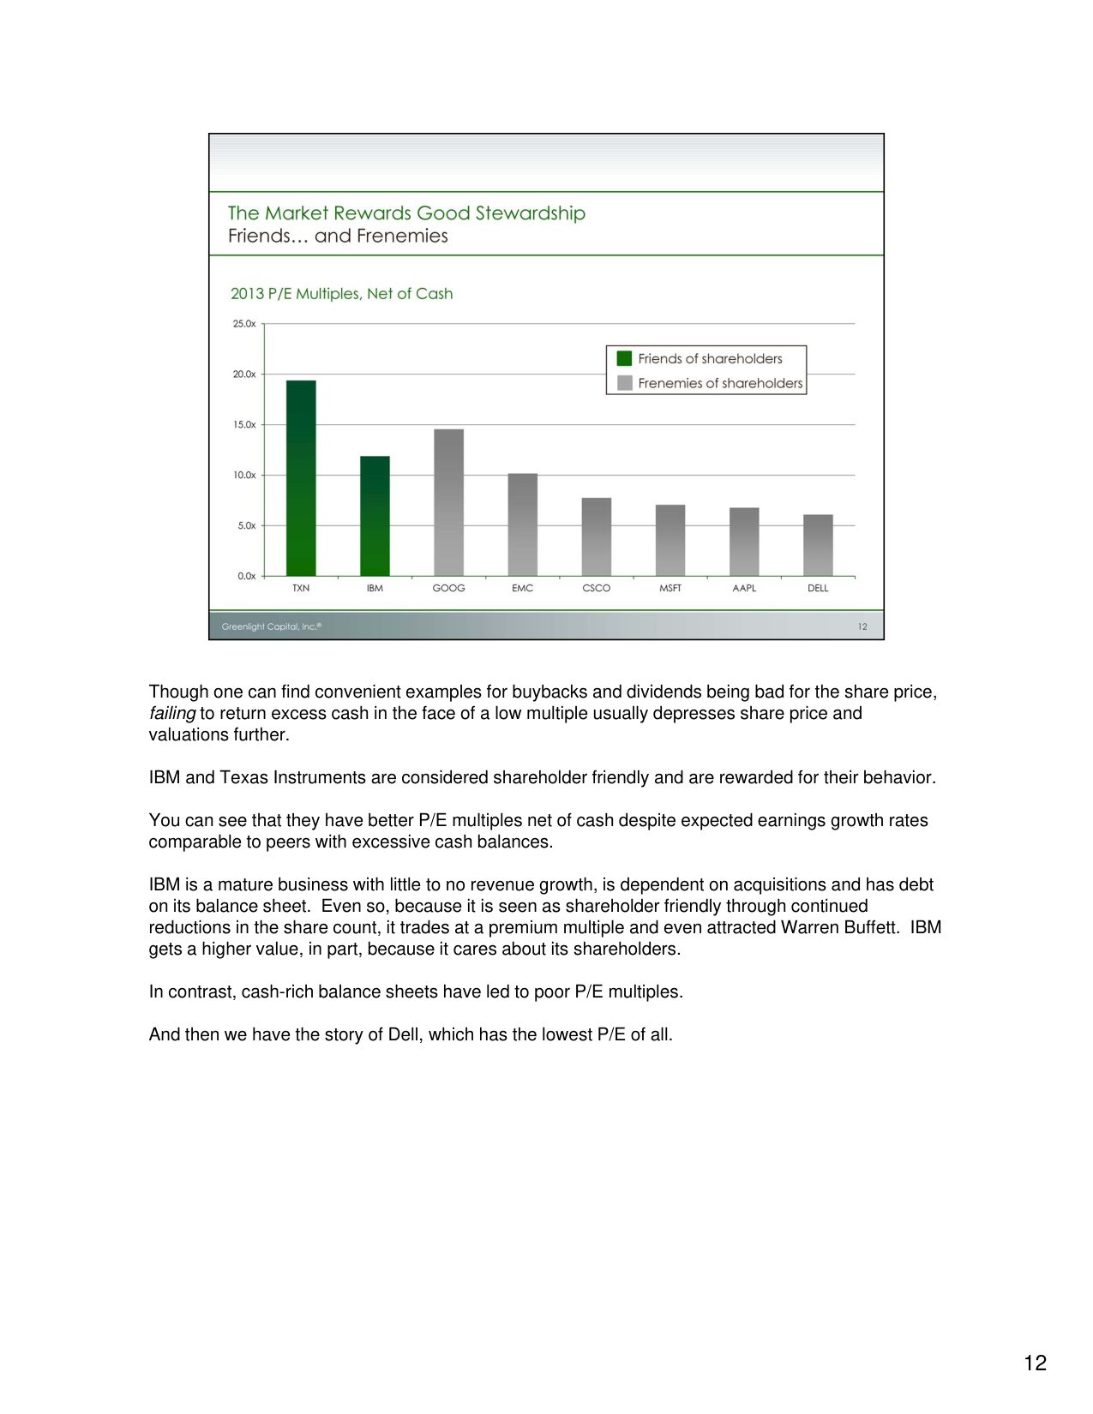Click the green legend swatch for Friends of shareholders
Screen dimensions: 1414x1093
click(x=624, y=358)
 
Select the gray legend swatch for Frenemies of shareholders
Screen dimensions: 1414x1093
click(x=624, y=383)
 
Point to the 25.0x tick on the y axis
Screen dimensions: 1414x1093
click(x=244, y=324)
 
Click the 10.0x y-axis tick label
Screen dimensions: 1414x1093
click(x=244, y=475)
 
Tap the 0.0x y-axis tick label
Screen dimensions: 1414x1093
click(x=246, y=576)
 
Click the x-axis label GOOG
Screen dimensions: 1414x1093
click(x=448, y=588)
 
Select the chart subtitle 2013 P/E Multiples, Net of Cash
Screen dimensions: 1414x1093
click(x=341, y=293)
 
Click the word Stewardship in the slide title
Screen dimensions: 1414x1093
click(x=530, y=213)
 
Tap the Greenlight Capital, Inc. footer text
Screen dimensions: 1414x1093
click(x=271, y=626)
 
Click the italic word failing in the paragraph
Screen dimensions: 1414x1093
click(x=171, y=713)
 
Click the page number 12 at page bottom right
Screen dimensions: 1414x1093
click(x=1035, y=1363)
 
